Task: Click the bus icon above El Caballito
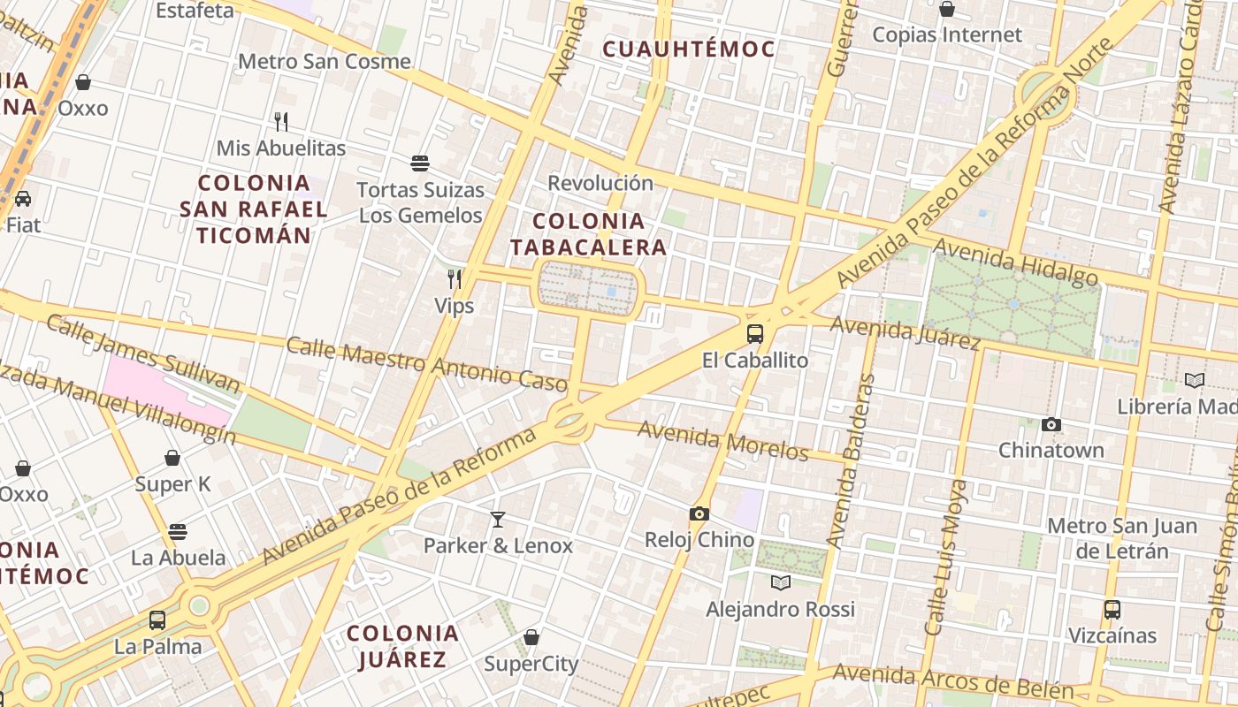(x=754, y=334)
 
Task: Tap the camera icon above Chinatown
(x=1051, y=425)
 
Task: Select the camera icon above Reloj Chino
(x=699, y=513)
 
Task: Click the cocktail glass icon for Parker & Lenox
(x=498, y=519)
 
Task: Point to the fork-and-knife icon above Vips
(x=455, y=279)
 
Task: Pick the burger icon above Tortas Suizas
(x=420, y=163)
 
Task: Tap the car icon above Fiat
(x=23, y=198)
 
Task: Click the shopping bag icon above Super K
(x=172, y=458)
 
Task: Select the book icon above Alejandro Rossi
(x=780, y=582)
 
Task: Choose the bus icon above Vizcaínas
(x=1112, y=609)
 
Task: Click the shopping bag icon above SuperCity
(x=531, y=637)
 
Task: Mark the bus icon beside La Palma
(x=157, y=620)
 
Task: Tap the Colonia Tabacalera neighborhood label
(x=588, y=234)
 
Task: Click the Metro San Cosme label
(x=325, y=62)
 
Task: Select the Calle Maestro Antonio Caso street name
(x=425, y=363)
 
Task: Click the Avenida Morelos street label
(x=722, y=440)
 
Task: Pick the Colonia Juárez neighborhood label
(x=402, y=646)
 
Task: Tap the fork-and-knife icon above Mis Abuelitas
(x=281, y=121)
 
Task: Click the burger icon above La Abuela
(x=178, y=532)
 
